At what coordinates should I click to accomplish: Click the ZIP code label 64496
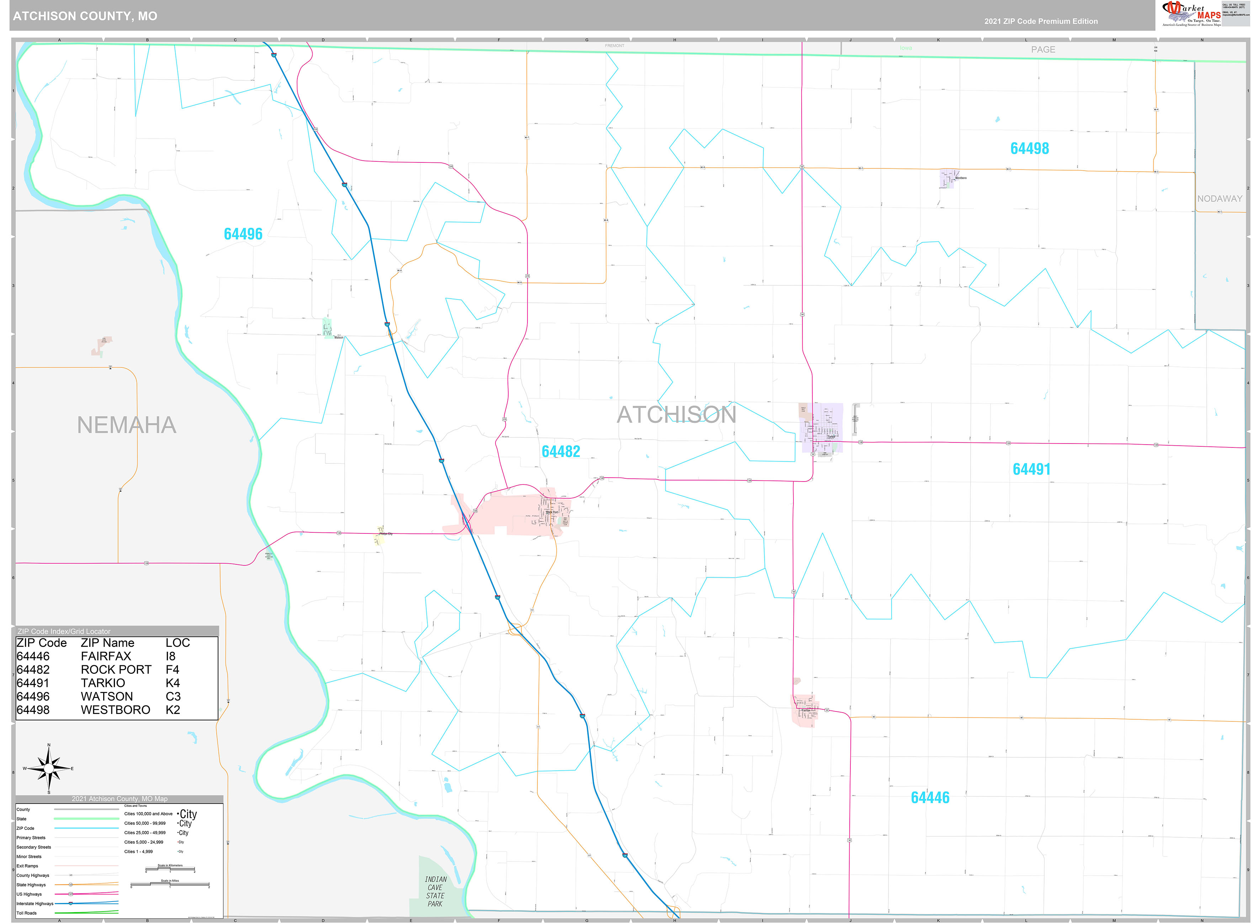click(243, 234)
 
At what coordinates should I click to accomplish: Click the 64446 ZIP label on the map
click(930, 797)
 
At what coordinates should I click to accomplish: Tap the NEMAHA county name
click(127, 425)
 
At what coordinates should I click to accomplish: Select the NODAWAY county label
click(1219, 199)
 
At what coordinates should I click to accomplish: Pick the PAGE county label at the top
click(1043, 49)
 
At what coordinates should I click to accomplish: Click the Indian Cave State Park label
click(435, 892)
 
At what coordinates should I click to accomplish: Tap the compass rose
click(49, 769)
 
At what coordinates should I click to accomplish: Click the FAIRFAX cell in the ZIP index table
click(106, 656)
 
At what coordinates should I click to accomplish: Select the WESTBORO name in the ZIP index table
click(115, 710)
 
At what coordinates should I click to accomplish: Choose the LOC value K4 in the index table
click(172, 683)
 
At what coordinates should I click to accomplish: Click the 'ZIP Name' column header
click(107, 643)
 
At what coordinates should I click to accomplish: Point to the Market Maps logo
click(1191, 14)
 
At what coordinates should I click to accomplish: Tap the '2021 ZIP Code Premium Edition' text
click(1041, 21)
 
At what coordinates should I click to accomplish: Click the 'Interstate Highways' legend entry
click(35, 903)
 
